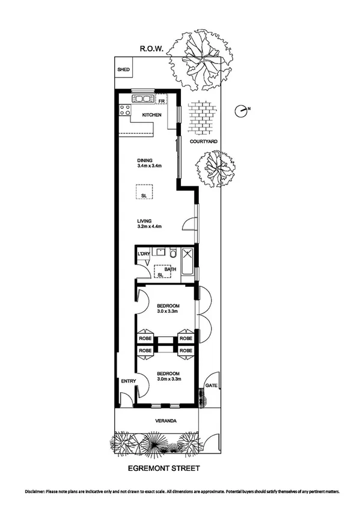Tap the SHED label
pyautogui.click(x=124, y=69)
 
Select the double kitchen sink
pyautogui.click(x=143, y=98)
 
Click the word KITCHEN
pyautogui.click(x=151, y=115)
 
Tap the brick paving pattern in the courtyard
pyautogui.click(x=200, y=116)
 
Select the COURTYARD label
pyautogui.click(x=203, y=141)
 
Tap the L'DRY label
pyautogui.click(x=143, y=255)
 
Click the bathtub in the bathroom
pyautogui.click(x=187, y=263)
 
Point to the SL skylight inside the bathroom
pyautogui.click(x=160, y=275)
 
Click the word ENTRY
pyautogui.click(x=128, y=381)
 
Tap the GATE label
pyautogui.click(x=210, y=385)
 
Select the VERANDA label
pyautogui.click(x=163, y=421)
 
